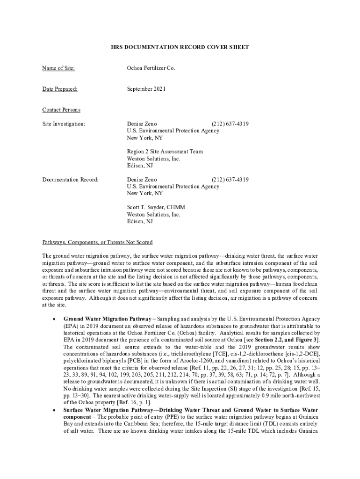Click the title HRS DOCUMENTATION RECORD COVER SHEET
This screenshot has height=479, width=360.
click(180, 47)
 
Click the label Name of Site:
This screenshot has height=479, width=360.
click(58, 68)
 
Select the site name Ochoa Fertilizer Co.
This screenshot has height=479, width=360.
click(151, 68)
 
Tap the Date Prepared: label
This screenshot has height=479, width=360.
click(60, 89)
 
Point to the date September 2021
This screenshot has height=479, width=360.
click(146, 89)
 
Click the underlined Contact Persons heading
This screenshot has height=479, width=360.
click(61, 110)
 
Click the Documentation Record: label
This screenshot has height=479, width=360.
click(71, 180)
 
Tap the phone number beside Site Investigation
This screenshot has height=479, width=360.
click(230, 124)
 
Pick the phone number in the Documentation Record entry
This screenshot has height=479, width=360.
click(230, 180)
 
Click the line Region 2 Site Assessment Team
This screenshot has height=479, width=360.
click(165, 152)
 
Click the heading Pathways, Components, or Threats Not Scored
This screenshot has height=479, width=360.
click(97, 242)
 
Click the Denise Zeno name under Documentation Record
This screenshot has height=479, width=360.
click(142, 180)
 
